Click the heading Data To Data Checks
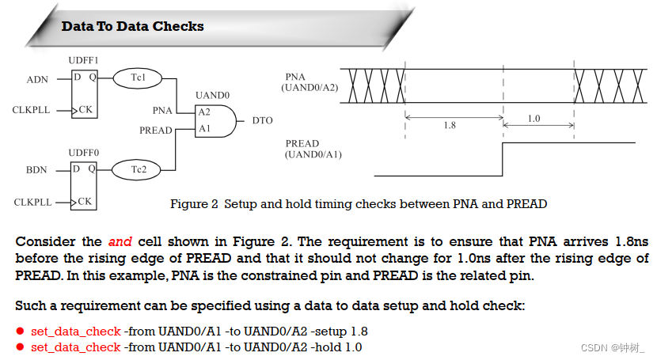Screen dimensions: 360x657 pyautogui.click(x=132, y=26)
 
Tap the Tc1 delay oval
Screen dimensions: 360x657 pyautogui.click(x=137, y=78)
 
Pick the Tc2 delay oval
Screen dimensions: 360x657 pyautogui.click(x=137, y=169)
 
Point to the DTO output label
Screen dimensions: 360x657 pyautogui.click(x=262, y=120)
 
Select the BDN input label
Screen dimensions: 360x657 pyautogui.click(x=37, y=169)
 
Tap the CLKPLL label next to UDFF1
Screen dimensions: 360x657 pyautogui.click(x=32, y=110)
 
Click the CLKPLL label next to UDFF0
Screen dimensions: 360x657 pyautogui.click(x=32, y=203)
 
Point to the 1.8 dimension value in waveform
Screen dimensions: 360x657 pyautogui.click(x=449, y=125)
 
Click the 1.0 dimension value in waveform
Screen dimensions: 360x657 pyautogui.click(x=533, y=119)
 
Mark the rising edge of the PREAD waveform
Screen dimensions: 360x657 pyautogui.click(x=503, y=160)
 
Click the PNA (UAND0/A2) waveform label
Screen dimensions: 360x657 pyautogui.click(x=310, y=82)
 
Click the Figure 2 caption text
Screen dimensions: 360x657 pyautogui.click(x=359, y=204)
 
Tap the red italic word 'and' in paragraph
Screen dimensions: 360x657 pyautogui.click(x=120, y=241)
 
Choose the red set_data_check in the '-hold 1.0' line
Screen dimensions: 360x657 pyautogui.click(x=75, y=347)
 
